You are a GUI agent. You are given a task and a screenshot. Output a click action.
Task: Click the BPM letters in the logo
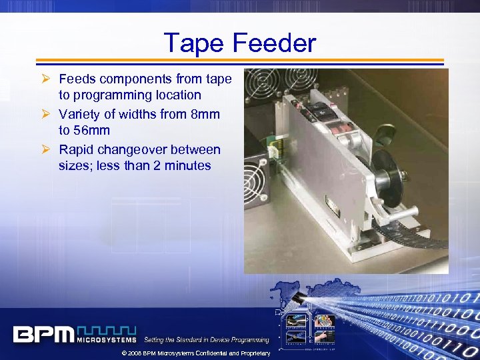tap(43, 333)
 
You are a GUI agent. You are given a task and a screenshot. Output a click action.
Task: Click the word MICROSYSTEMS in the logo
tap(107, 339)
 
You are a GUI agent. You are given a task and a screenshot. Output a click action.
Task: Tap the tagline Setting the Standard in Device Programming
tap(207, 340)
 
